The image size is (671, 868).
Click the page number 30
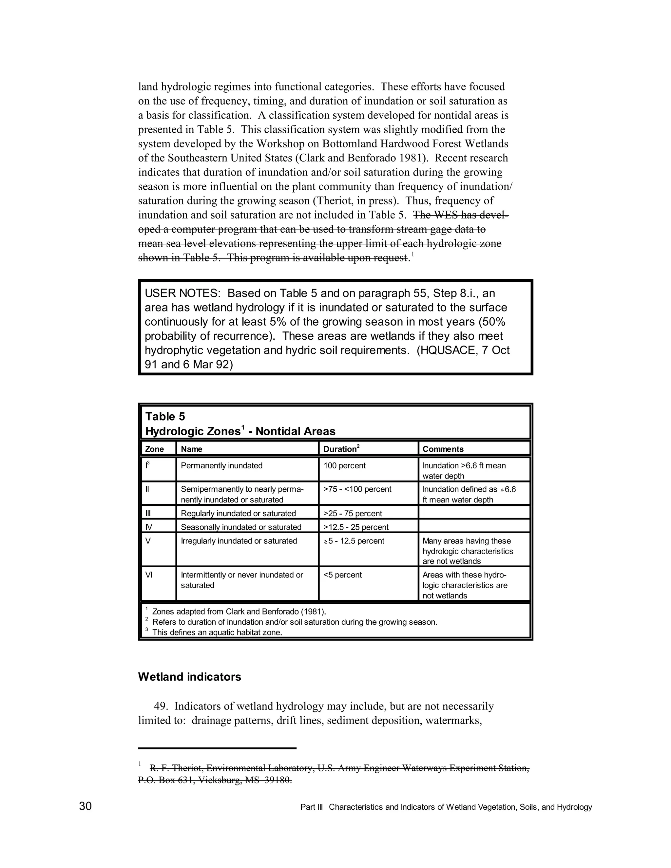click(86, 806)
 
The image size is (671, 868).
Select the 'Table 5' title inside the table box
click(165, 417)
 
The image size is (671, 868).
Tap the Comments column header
click(443, 449)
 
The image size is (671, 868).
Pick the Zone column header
click(154, 449)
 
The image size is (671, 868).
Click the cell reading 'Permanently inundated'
click(221, 465)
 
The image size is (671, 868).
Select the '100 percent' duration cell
click(344, 465)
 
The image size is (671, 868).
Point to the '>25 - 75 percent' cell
click(353, 514)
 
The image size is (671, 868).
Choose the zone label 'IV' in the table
click(149, 527)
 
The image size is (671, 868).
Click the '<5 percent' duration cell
click(342, 575)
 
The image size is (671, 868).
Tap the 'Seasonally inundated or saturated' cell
click(241, 527)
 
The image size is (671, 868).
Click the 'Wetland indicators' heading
click(189, 677)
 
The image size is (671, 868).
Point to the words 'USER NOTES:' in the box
click(182, 294)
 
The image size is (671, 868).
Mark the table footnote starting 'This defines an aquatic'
click(217, 632)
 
